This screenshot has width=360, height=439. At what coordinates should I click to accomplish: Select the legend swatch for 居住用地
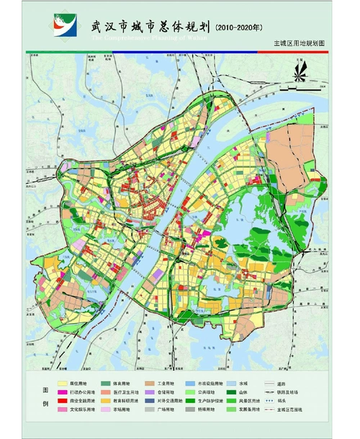pos(63,384)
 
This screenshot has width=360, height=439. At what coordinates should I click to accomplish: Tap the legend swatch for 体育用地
pos(106,384)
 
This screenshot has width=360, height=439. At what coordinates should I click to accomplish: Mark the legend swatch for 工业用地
pos(148,384)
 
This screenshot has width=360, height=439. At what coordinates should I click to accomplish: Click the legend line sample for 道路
pos(271,384)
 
